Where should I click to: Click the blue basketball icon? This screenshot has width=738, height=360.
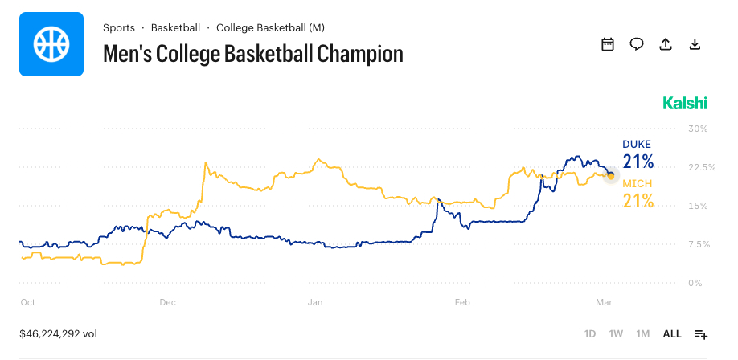point(51,44)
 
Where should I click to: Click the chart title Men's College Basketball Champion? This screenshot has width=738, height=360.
point(252,54)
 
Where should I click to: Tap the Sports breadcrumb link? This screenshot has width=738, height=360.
point(119,27)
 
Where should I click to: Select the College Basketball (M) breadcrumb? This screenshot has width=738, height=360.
point(270,27)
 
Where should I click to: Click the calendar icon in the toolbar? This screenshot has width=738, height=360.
point(608,44)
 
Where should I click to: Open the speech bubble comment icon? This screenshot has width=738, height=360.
point(637,44)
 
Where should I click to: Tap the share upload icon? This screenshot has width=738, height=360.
point(666,44)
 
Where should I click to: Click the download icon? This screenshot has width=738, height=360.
point(695,44)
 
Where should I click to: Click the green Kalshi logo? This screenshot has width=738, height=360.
point(685,103)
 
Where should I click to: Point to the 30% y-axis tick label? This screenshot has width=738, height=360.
point(697,129)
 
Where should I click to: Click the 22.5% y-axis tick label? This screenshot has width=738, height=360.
point(697,167)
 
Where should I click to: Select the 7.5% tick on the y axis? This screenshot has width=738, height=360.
point(697,244)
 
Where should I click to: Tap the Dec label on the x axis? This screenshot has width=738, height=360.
point(168,302)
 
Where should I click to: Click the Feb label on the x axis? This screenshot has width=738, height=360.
point(462,302)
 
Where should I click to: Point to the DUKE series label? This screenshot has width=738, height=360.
point(637,145)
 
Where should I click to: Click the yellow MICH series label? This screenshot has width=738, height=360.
point(637,184)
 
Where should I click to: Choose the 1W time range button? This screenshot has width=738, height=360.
point(616,333)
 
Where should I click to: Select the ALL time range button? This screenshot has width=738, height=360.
point(671,333)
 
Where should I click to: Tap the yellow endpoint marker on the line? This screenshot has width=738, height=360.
point(611,175)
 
